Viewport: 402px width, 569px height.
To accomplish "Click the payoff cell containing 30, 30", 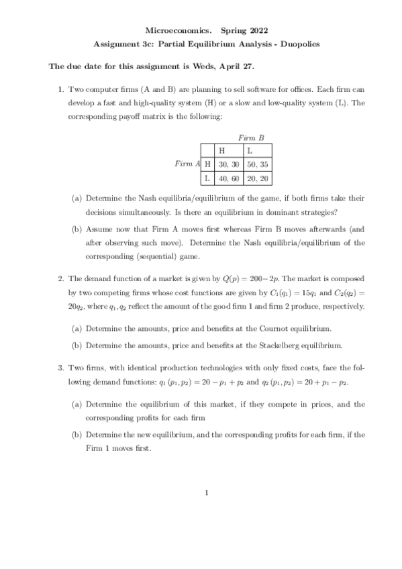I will (x=230, y=164).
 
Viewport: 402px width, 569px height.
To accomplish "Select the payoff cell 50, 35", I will (x=258, y=164).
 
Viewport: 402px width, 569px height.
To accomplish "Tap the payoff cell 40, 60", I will (x=230, y=178).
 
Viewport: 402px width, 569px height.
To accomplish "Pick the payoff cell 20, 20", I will (x=258, y=178).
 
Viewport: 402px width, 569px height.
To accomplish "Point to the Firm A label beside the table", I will (x=187, y=164).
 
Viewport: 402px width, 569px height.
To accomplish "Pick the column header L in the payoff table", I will (x=250, y=150).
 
